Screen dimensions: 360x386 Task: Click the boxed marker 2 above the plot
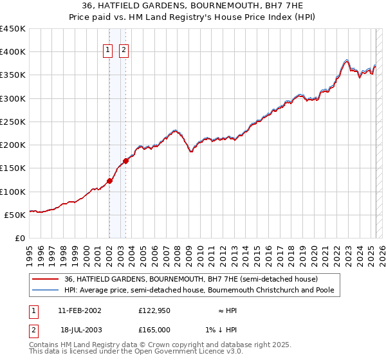(124, 51)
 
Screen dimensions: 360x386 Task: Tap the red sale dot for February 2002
(109, 181)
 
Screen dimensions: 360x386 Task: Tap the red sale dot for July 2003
(125, 161)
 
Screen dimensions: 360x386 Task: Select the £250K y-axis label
(13, 122)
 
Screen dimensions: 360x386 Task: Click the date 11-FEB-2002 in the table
(80, 310)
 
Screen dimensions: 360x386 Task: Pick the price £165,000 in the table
(154, 329)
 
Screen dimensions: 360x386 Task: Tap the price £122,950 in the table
(154, 310)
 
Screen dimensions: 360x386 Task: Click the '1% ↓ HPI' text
(221, 329)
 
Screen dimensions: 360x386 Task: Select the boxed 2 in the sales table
(33, 329)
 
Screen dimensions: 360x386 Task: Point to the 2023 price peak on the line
(346, 60)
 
